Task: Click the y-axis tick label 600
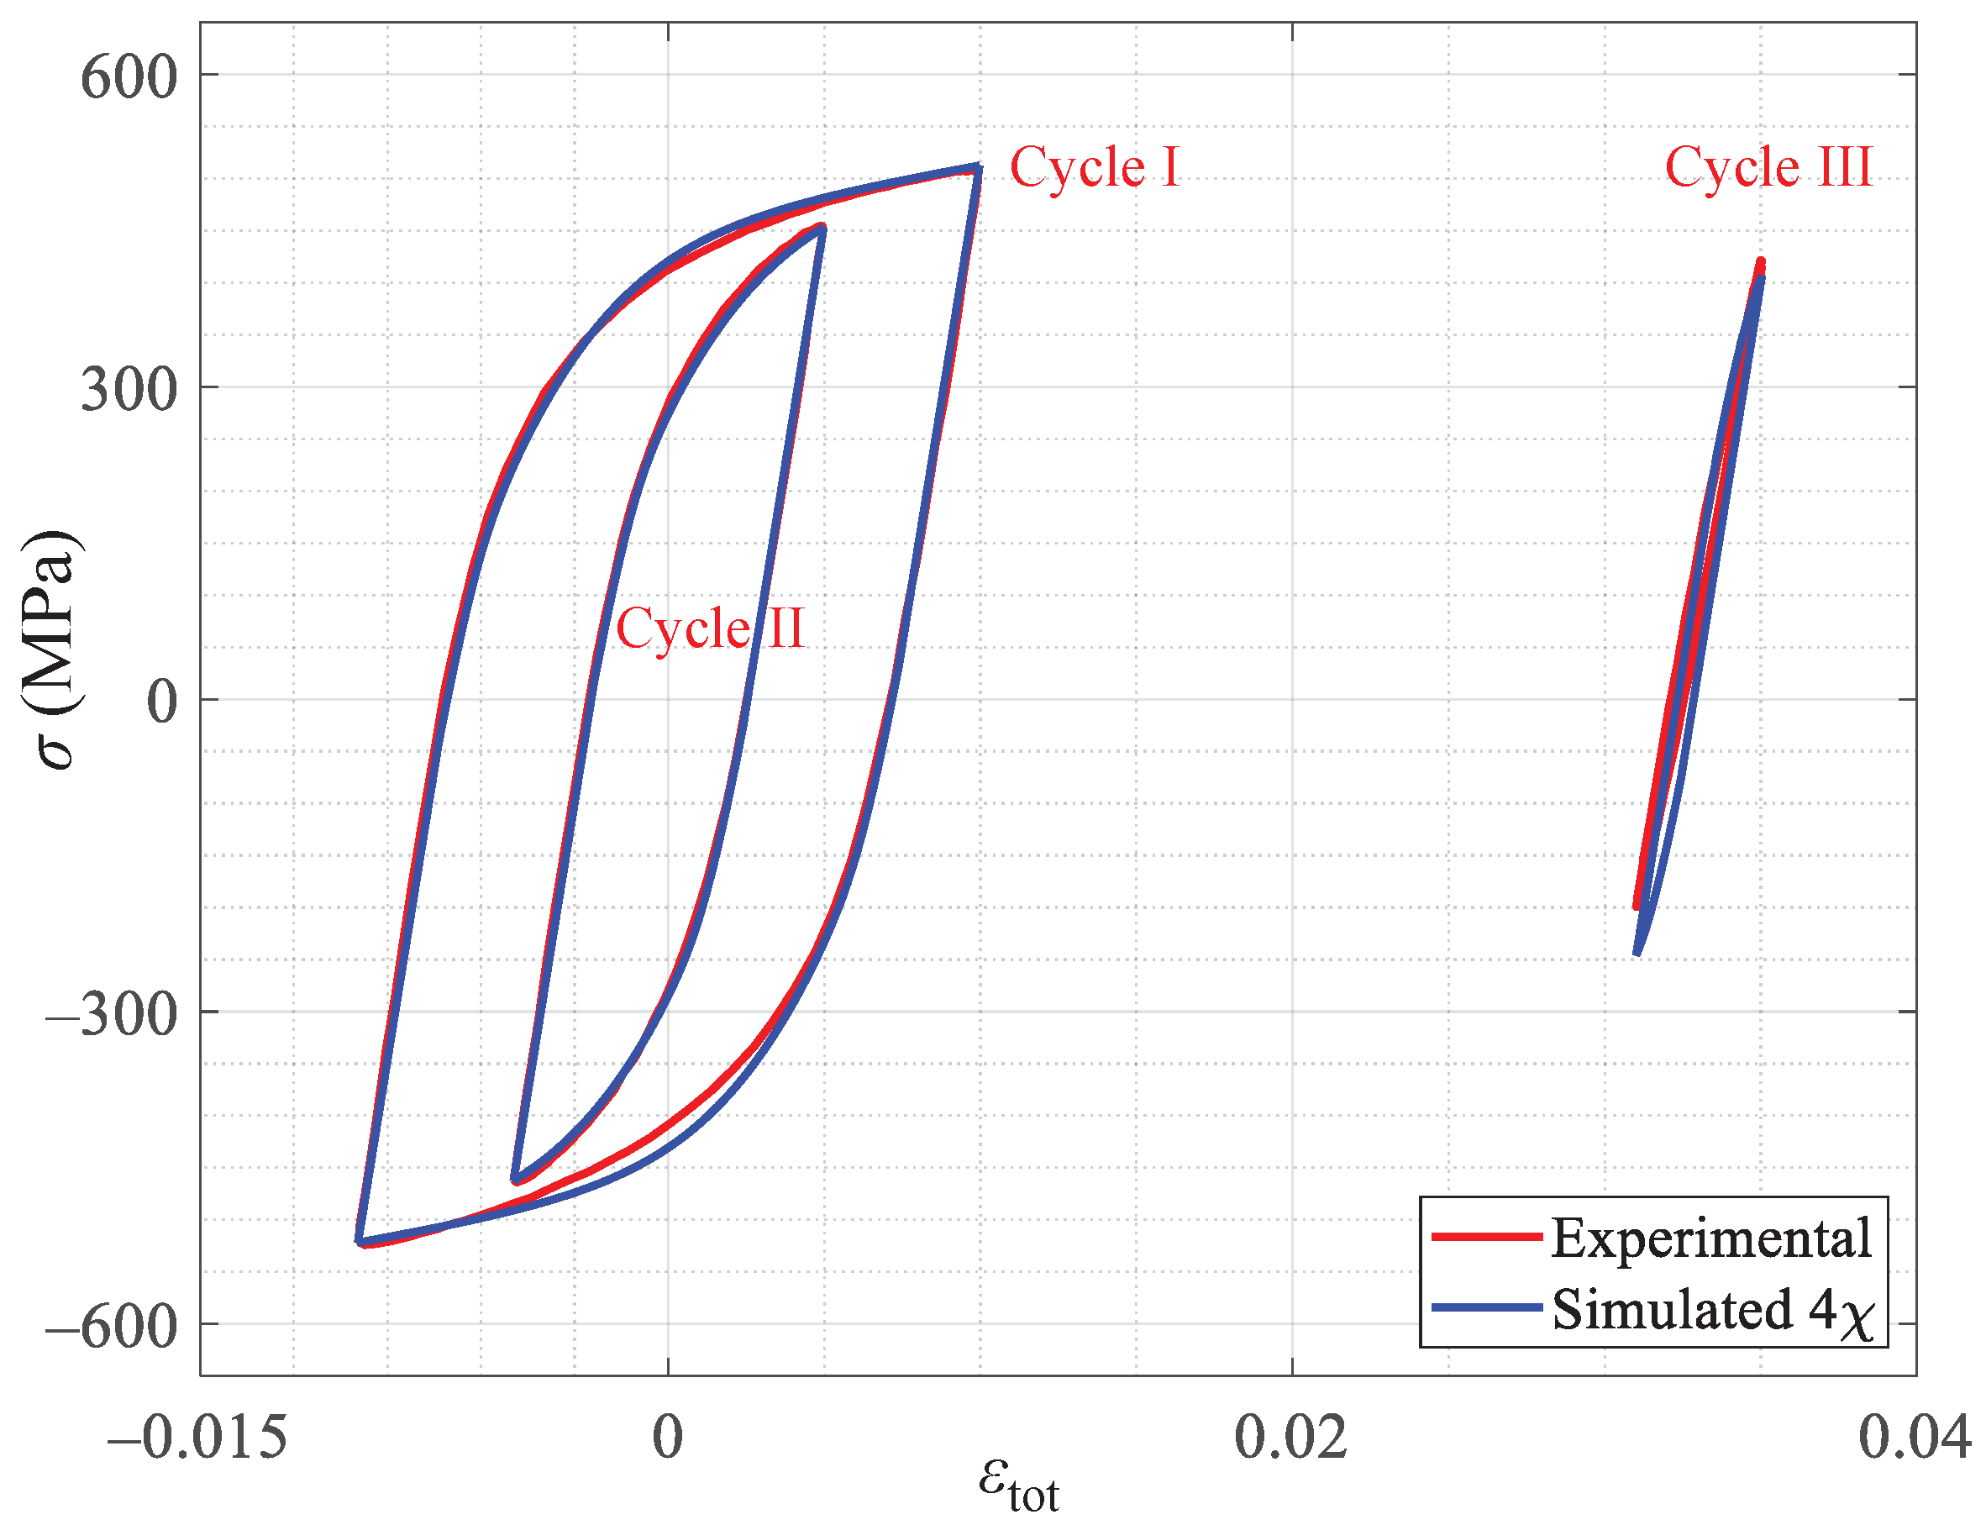[129, 77]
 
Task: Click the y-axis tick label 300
[129, 389]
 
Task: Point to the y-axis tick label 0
[161, 702]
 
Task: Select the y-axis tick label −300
[111, 1014]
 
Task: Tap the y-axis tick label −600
[111, 1327]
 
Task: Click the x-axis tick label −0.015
[197, 1438]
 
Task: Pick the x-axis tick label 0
[668, 1438]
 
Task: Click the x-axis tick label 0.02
[1290, 1438]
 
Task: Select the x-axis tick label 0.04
[1915, 1438]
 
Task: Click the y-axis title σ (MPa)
[53, 648]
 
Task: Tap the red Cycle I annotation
[1095, 167]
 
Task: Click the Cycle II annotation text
[710, 628]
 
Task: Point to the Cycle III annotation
[1768, 167]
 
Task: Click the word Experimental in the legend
[1710, 1238]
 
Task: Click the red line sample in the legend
[1486, 1236]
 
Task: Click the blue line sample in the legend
[1486, 1307]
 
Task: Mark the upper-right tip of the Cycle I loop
[978, 167]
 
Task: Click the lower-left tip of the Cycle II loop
[515, 1180]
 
